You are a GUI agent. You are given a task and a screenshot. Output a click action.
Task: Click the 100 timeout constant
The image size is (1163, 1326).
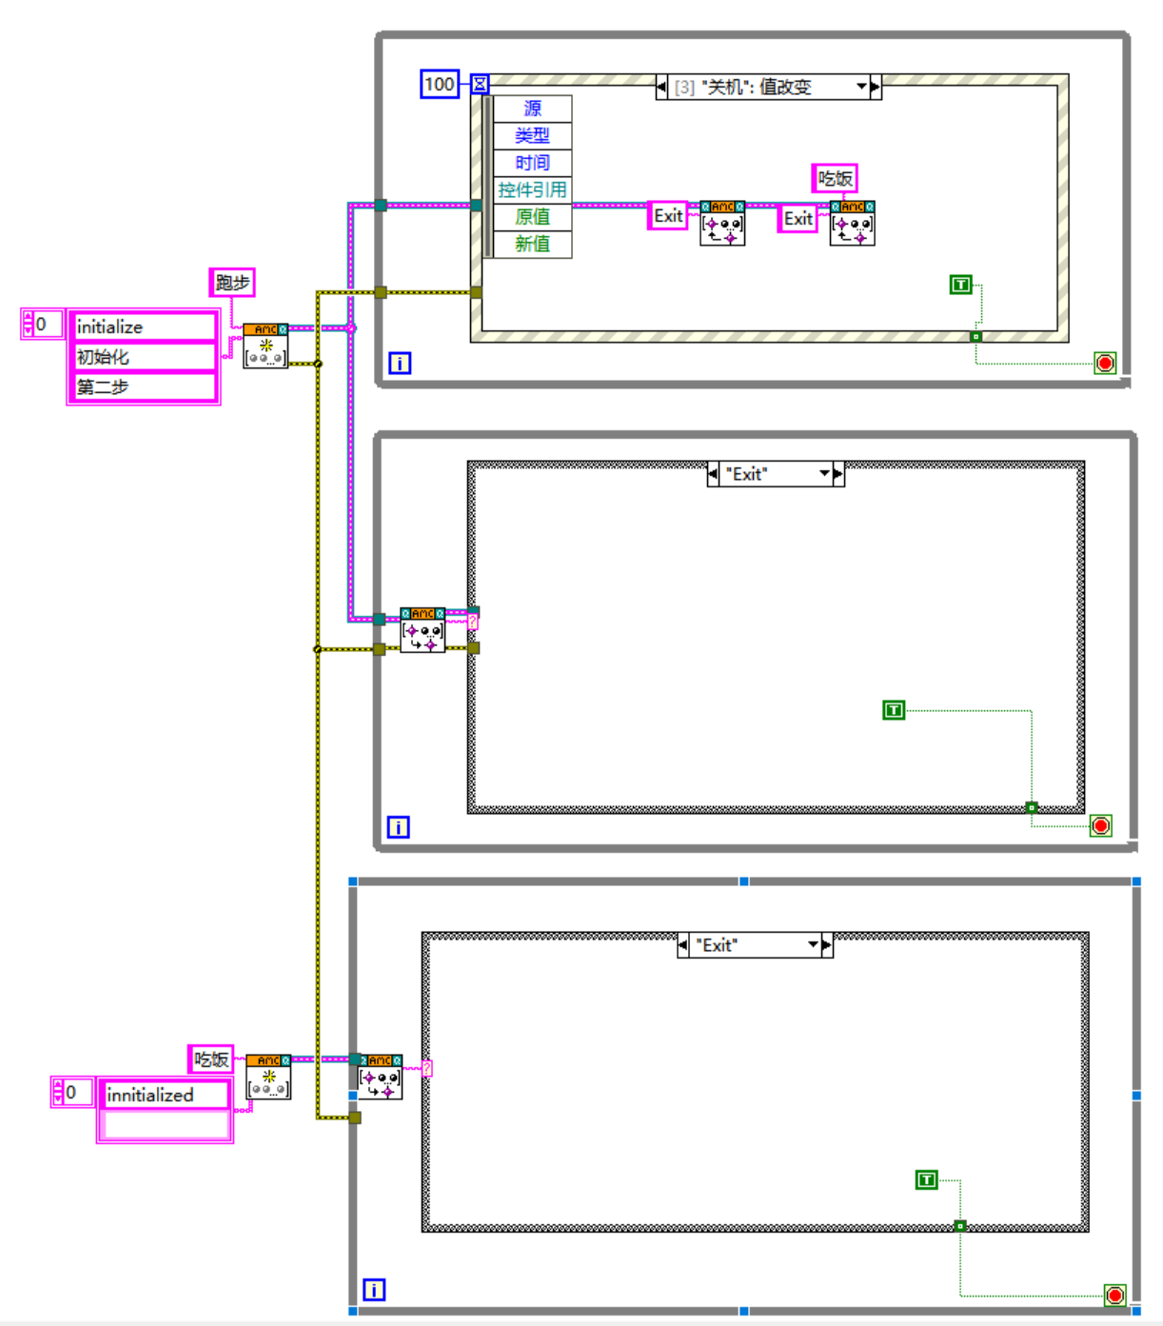pos(440,85)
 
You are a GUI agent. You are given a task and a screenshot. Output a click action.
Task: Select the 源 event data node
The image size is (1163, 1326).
pos(532,109)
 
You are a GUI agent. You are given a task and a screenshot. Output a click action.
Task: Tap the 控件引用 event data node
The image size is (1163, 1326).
pos(532,189)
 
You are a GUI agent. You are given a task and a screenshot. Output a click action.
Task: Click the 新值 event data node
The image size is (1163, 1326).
pos(532,244)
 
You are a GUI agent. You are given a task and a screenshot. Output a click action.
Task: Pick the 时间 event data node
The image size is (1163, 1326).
pos(532,163)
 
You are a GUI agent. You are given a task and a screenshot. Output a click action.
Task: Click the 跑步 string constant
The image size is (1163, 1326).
pos(232,283)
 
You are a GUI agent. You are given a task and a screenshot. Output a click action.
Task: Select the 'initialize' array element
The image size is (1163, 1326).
pos(145,327)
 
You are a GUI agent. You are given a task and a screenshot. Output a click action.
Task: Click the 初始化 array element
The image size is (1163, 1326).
pos(145,357)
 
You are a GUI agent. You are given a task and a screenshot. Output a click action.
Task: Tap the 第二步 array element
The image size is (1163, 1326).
pos(145,387)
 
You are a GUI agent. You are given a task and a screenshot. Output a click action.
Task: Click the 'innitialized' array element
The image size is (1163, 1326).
pos(165,1095)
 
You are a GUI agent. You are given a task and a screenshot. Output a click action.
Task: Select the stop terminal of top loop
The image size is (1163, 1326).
pos(1105,363)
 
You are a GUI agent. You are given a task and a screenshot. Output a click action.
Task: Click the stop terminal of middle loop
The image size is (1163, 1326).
pos(1101,825)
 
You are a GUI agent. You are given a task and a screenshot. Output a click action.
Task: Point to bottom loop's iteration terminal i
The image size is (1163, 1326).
pos(374,1290)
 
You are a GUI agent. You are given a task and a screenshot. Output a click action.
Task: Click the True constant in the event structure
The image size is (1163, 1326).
pos(961,285)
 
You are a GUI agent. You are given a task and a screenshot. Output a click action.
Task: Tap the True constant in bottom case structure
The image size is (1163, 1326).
pos(926,1180)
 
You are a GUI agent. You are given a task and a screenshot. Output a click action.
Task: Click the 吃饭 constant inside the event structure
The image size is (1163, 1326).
pos(835,178)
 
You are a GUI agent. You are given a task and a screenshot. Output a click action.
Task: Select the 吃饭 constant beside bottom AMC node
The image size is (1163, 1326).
pos(210,1059)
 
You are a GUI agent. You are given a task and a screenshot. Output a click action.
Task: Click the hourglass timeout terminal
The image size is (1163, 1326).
pos(481,85)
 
